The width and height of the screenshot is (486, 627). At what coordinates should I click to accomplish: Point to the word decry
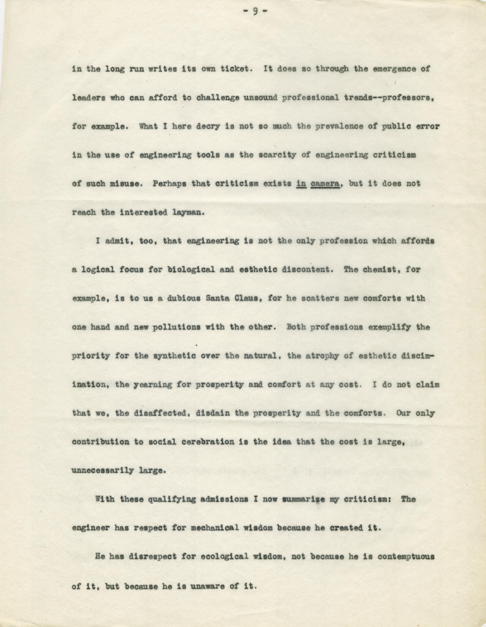click(207, 126)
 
